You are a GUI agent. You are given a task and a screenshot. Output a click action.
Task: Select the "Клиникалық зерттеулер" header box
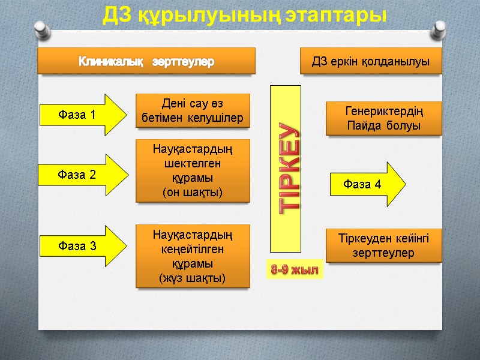(147, 61)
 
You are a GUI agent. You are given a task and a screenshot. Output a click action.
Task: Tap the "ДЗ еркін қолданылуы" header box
(371, 61)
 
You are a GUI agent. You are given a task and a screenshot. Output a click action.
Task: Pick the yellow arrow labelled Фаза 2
(82, 174)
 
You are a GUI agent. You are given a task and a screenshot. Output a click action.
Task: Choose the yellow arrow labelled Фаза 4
(367, 184)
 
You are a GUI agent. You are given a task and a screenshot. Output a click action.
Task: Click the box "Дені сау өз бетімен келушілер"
(193, 110)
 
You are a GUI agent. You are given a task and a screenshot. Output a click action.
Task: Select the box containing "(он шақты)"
(193, 170)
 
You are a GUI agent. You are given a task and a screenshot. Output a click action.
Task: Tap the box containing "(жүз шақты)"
(193, 256)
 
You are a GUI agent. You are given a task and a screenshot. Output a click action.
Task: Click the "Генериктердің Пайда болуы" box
(383, 118)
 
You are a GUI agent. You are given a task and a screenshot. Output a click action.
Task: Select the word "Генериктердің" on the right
(383, 111)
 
